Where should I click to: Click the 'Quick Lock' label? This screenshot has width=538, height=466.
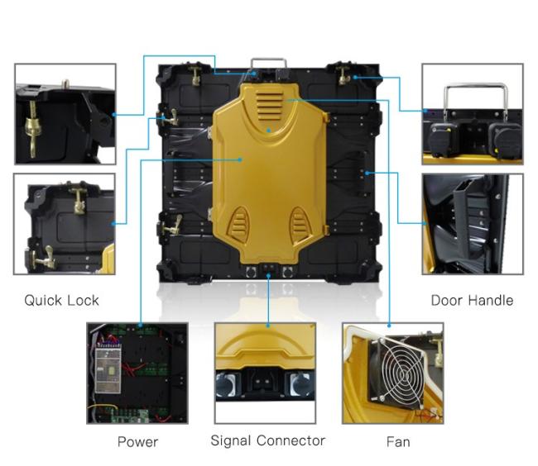pos(62,300)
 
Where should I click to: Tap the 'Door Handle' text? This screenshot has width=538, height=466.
pos(472,300)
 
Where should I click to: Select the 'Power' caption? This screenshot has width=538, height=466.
pos(137,442)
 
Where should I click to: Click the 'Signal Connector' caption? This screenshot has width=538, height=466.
pos(268,441)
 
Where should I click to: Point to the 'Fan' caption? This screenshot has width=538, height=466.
pos(398,442)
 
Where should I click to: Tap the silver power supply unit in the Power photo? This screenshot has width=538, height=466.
pos(108,370)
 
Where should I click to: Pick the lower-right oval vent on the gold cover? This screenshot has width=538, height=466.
pos(300,223)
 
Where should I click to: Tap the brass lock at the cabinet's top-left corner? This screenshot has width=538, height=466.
pos(195,76)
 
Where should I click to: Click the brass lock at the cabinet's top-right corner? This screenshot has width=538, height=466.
pos(344,76)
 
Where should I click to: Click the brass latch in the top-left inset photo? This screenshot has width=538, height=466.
pos(32,129)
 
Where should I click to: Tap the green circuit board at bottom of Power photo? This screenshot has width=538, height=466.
pos(131,416)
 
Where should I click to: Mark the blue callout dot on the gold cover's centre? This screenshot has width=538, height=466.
pos(241,159)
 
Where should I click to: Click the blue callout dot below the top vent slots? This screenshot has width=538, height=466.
pos(269,131)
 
